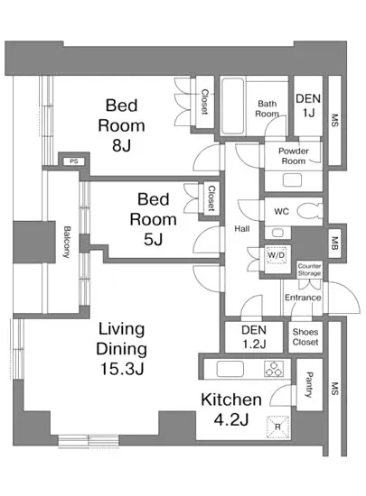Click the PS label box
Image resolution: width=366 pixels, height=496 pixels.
tap(73, 161)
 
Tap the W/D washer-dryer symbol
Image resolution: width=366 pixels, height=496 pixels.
tap(277, 255)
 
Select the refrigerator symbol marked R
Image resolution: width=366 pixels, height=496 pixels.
tap(277, 427)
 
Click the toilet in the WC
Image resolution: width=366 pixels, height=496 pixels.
tap(310, 211)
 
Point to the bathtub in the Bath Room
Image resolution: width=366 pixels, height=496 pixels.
tap(233, 106)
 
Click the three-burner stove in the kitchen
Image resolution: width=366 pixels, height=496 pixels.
tap(274, 369)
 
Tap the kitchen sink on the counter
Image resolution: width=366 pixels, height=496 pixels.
tap(230, 369)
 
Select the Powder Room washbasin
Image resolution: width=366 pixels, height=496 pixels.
tap(292, 180)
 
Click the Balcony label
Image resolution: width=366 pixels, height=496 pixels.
tap(67, 242)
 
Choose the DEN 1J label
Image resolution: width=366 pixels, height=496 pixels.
tap(308, 106)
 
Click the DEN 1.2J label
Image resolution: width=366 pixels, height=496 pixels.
tap(254, 337)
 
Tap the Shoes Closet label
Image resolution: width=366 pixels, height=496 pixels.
tap(305, 337)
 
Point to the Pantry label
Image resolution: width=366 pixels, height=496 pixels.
tap(308, 385)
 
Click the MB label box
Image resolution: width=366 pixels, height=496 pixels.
tap(334, 243)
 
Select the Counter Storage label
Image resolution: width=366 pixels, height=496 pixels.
tap(309, 270)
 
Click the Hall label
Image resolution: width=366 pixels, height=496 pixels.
tap(242, 229)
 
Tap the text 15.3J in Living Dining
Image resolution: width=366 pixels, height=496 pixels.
tap(122, 369)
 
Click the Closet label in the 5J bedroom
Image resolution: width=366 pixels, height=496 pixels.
tap(211, 198)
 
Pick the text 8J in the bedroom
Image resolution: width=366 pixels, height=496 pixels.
tap(121, 145)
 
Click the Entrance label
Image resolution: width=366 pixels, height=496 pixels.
tap(303, 298)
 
